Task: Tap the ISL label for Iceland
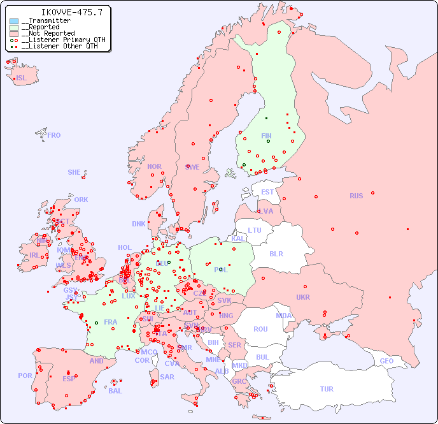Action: point(22,78)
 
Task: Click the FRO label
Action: point(54,135)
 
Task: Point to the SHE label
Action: point(74,172)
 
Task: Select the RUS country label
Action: point(356,196)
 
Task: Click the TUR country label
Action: point(327,389)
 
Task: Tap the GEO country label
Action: point(386,361)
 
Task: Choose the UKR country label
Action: point(302,297)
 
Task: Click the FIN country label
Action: point(266,136)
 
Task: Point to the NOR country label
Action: point(154,166)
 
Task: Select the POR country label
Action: point(25,376)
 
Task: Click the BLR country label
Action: point(276,253)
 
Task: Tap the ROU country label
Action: point(260,329)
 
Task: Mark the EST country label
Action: point(267,192)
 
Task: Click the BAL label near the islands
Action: point(115,391)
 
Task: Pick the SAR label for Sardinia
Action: point(167,377)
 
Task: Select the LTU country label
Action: point(255,230)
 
